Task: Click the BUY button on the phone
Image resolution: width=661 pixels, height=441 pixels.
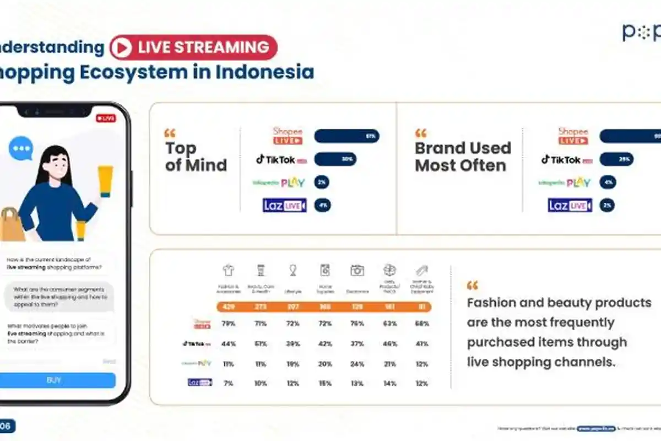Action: pos(54,380)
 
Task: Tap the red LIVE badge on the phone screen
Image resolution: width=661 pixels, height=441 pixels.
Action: pos(105,118)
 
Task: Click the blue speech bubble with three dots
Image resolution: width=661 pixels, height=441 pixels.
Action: pos(21,148)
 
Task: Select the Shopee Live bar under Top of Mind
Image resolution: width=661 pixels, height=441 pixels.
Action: pos(346,136)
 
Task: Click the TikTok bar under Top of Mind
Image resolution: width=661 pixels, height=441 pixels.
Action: pos(335,159)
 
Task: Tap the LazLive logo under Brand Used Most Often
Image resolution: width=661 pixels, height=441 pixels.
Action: pos(570,206)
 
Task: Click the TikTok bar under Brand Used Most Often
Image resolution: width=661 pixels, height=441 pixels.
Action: pos(616,159)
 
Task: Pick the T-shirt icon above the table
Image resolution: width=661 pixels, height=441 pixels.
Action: pos(228,270)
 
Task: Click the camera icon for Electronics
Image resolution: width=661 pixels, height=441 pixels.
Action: pos(357,270)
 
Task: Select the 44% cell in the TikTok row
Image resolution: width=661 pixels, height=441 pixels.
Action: pos(228,344)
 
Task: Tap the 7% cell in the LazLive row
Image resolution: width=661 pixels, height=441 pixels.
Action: pos(228,383)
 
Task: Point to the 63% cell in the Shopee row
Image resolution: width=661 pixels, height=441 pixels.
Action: pos(389,324)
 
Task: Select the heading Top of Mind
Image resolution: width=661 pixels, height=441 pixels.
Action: pos(196,157)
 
